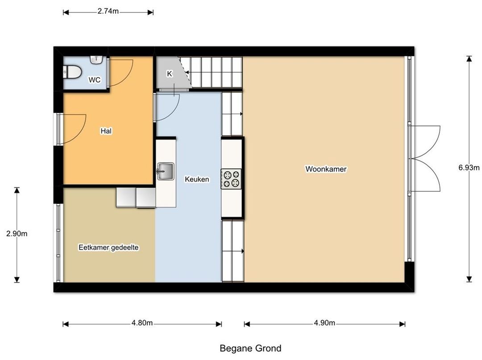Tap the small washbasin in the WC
[96, 59]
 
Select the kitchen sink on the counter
[166, 171]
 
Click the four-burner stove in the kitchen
[231, 179]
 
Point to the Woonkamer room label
[326, 169]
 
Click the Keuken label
[197, 179]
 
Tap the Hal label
[106, 131]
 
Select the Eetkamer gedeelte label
[108, 248]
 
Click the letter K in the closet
[170, 74]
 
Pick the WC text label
[94, 80]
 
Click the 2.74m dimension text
[108, 11]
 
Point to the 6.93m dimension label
[469, 168]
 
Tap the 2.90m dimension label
[17, 234]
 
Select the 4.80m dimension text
[142, 323]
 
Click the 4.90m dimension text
[324, 323]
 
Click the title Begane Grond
[250, 348]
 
